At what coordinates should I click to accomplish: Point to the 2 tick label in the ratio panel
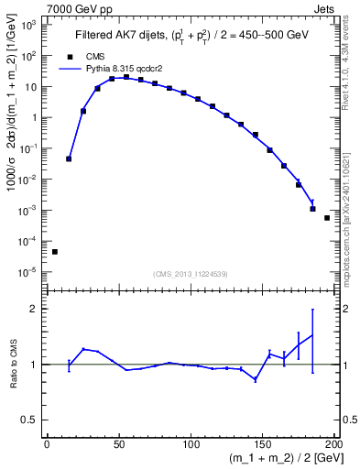pyautogui.click(x=33, y=309)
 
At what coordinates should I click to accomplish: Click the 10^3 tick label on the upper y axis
pyautogui.click(x=27, y=25)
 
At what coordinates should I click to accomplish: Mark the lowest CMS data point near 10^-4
pyautogui.click(x=55, y=252)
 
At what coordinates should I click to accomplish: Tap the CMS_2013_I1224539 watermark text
pyautogui.click(x=190, y=274)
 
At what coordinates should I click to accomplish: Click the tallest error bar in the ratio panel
pyautogui.click(x=312, y=341)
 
